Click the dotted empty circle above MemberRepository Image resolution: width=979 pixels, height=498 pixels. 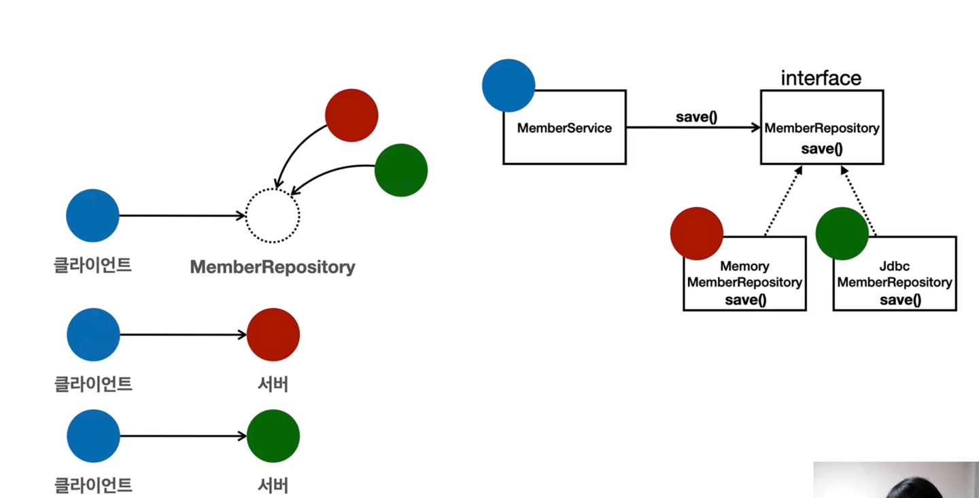click(272, 189)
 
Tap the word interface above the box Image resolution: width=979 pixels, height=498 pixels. click(821, 78)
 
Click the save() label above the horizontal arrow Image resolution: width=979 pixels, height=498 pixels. click(696, 117)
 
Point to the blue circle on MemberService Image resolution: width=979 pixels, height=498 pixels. click(509, 86)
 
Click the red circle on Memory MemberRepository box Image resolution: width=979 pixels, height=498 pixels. click(697, 233)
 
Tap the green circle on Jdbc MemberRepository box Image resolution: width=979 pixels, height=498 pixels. click(842, 233)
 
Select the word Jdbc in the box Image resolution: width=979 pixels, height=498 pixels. click(894, 266)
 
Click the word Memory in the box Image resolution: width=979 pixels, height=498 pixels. click(744, 266)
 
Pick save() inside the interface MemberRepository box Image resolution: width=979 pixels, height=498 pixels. click(822, 149)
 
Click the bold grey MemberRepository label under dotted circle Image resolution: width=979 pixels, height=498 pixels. click(272, 267)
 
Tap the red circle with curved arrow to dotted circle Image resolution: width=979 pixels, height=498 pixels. click(351, 115)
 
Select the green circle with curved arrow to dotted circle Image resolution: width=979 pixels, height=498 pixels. click(401, 170)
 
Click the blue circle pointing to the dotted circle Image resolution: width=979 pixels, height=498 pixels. click(92, 215)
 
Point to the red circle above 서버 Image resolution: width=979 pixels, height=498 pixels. click(273, 335)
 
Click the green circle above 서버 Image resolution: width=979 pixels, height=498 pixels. click(273, 436)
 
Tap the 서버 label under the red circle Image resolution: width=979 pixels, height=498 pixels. click(273, 384)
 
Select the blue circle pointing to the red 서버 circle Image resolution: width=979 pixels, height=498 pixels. click(93, 335)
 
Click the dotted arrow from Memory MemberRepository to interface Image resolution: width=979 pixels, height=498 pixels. click(784, 201)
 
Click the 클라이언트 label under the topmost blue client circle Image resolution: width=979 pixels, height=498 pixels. click(92, 265)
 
